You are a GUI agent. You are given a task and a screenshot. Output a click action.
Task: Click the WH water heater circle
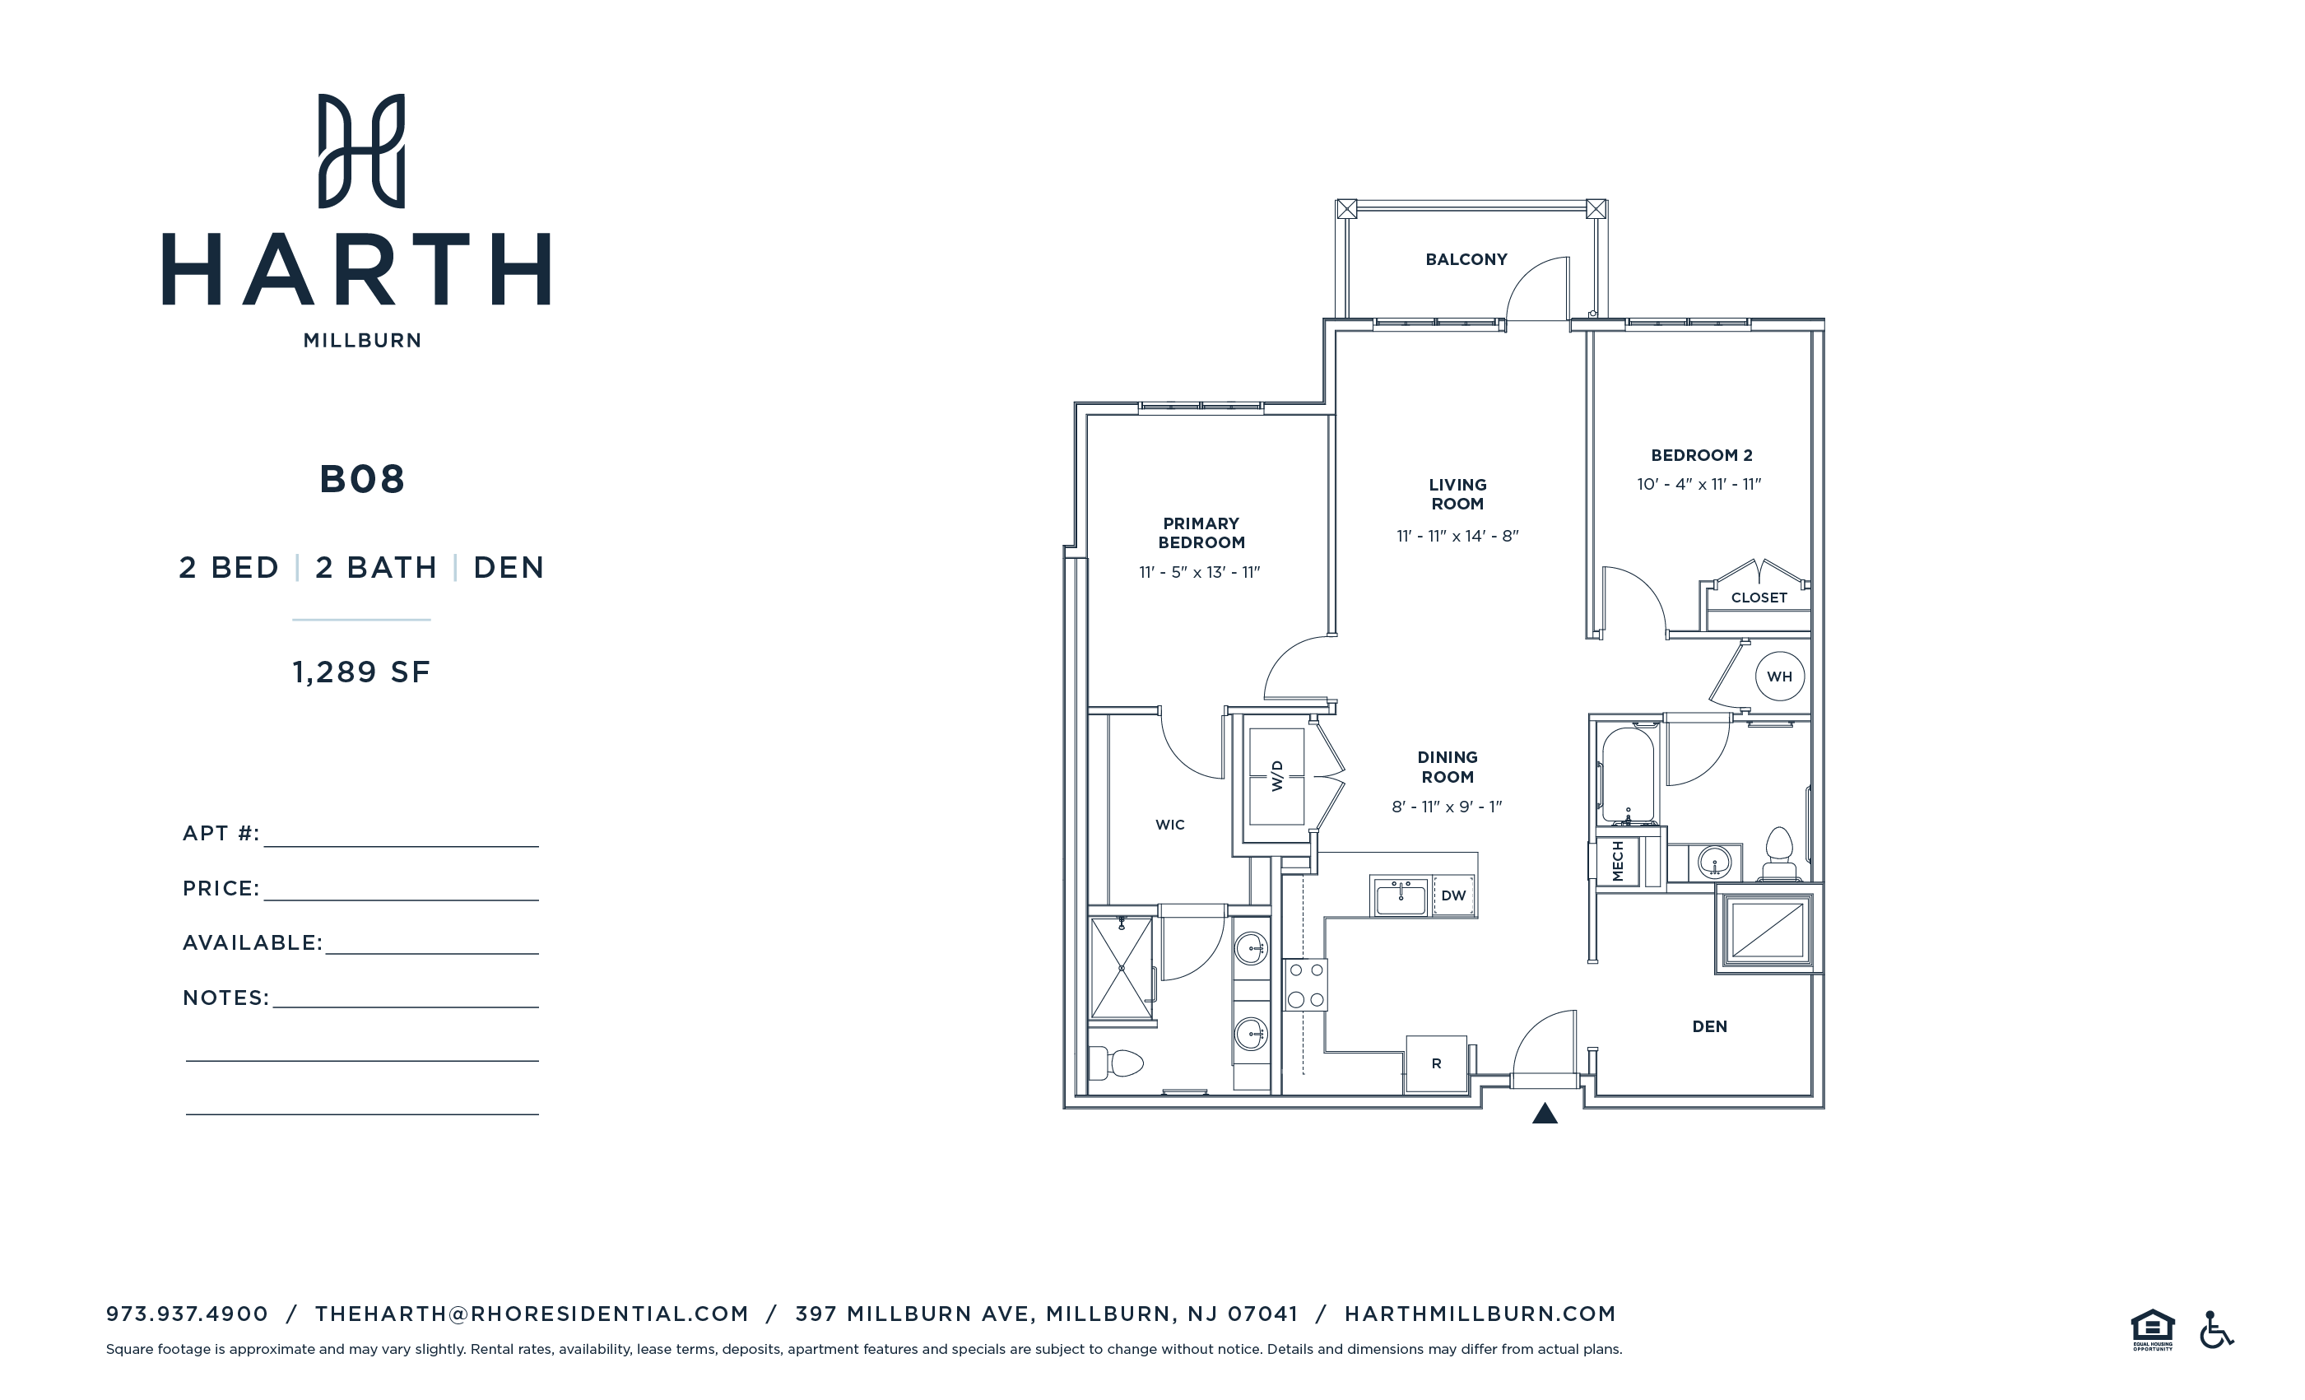point(1778,676)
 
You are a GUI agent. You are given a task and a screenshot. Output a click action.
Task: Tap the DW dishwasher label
point(1452,895)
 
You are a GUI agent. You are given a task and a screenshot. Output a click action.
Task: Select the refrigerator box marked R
point(1436,1063)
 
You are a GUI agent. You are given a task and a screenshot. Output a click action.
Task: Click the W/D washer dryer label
point(1277,776)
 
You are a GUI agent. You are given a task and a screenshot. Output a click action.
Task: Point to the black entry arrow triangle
point(1545,1114)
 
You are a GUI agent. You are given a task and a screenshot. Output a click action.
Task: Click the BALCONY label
point(1466,259)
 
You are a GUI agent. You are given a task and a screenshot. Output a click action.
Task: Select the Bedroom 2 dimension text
point(1698,484)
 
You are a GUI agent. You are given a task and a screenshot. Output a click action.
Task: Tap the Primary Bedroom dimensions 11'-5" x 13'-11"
point(1199,572)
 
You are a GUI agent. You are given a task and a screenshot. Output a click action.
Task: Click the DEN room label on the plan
point(1709,1026)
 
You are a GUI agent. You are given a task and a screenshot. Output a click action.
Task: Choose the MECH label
point(1617,861)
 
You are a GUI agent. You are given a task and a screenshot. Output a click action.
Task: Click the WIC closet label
point(1169,825)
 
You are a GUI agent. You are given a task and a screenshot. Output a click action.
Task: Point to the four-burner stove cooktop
point(1305,984)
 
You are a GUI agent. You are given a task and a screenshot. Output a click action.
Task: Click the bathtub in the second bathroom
point(1628,774)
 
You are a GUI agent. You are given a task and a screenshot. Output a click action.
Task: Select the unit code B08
point(362,479)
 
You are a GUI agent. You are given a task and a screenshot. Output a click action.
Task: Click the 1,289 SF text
point(361,672)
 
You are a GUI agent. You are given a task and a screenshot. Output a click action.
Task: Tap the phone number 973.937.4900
point(187,1314)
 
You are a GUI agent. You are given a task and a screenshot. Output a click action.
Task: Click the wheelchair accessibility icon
point(2215,1330)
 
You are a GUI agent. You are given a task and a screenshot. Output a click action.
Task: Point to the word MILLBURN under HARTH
point(362,341)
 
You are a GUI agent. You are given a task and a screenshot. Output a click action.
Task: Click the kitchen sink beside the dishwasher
point(1401,896)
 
